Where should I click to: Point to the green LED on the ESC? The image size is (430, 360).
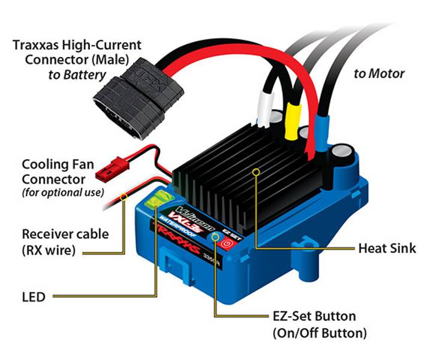pos(157,201)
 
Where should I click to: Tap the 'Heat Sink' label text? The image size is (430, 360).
pos(386,248)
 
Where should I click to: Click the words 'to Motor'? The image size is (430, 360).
pos(378,74)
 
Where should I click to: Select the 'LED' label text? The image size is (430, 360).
pos(33,296)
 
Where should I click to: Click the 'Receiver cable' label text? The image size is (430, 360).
pos(65,233)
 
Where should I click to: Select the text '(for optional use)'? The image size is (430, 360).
pos(63,193)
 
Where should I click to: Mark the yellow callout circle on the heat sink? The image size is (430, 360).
pos(257,172)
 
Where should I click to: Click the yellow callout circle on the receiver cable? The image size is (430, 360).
pos(124,197)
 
